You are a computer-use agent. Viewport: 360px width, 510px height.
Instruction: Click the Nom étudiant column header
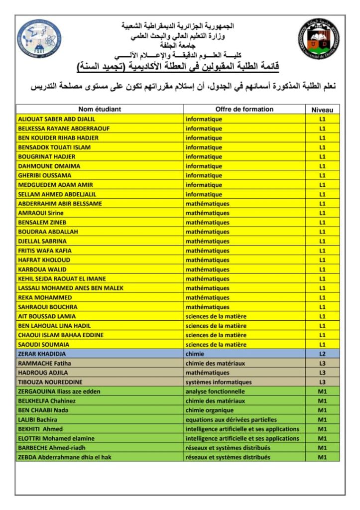pos(100,109)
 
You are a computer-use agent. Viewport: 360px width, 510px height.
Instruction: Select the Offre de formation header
pos(244,109)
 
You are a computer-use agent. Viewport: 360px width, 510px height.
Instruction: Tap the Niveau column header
pos(322,110)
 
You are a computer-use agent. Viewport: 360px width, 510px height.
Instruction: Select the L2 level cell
pos(322,354)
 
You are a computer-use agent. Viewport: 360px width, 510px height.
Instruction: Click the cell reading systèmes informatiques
pos(219,382)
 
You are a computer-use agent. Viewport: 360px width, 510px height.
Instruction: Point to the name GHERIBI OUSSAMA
pos(44,175)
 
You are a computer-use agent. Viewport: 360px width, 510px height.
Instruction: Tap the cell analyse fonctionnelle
pos(215,391)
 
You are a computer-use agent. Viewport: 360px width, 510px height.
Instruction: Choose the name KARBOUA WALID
pos(42,269)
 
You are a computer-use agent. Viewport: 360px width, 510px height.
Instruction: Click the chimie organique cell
pos(209,410)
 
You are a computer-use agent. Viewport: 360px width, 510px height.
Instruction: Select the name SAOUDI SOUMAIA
pos(43,344)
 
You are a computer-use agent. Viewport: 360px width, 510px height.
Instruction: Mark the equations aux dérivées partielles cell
pos(231,419)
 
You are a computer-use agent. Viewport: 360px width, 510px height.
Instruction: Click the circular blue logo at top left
pos(39,39)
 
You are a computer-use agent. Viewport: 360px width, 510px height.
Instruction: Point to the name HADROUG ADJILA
pos(43,373)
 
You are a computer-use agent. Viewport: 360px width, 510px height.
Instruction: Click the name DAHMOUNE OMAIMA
pos(49,166)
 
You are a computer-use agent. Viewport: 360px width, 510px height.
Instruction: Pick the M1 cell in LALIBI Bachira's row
pos(322,419)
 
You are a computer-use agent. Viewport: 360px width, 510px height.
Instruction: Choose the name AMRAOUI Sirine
pos(40,213)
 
